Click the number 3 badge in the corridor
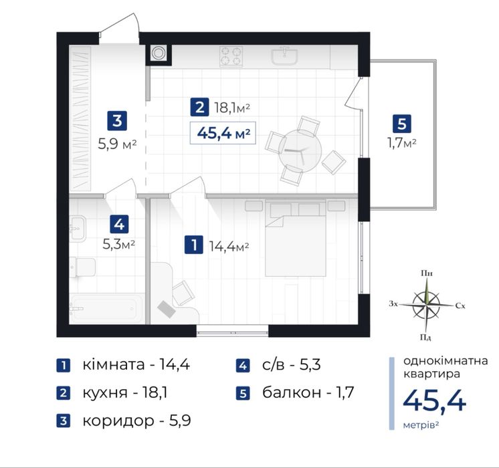(117, 120)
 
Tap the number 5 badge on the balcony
(401, 124)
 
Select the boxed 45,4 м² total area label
(223, 133)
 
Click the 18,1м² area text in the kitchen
(232, 108)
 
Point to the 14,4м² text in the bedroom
(229, 246)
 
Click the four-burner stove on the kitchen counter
(231, 56)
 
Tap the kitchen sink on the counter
(285, 56)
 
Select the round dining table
(300, 151)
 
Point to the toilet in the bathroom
(82, 267)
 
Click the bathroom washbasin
(78, 228)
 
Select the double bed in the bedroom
(296, 238)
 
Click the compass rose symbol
(426, 305)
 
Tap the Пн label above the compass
(427, 273)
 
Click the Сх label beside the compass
(460, 306)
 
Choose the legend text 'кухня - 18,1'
(125, 392)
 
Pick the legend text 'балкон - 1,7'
(308, 392)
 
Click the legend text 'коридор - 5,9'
(137, 421)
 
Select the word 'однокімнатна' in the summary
(445, 361)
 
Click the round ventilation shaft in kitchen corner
(158, 53)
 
